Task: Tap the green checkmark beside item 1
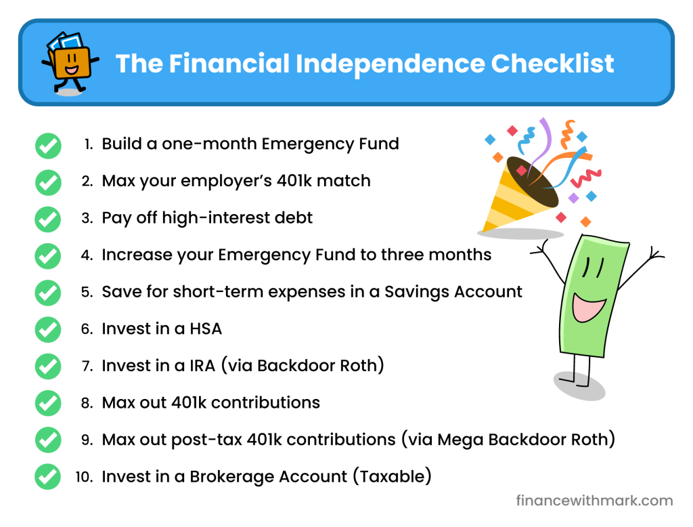click(x=48, y=145)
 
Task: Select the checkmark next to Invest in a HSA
click(x=48, y=329)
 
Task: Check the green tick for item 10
click(x=48, y=477)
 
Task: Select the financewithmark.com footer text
click(x=594, y=501)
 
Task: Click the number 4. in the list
click(x=87, y=255)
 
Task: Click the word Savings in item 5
click(x=413, y=292)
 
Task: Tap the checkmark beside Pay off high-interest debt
click(x=48, y=219)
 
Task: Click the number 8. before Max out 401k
click(x=87, y=403)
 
